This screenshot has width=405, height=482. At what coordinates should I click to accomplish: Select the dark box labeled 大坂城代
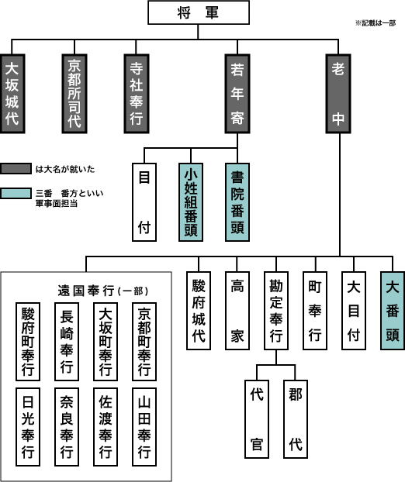click(15, 92)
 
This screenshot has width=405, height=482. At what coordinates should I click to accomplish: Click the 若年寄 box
click(239, 92)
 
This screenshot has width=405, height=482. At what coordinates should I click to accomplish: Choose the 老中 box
click(339, 92)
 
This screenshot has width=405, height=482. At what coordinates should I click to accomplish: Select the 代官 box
click(258, 418)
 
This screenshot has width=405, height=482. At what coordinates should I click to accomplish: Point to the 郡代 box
click(296, 418)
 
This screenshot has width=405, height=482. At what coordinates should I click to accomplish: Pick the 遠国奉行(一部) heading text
click(103, 290)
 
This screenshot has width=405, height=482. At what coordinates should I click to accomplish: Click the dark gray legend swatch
click(16, 167)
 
